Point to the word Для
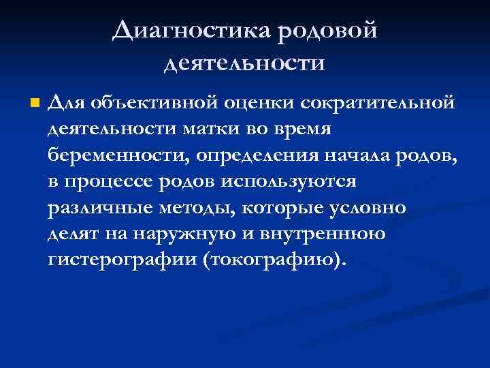coord(66,104)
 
